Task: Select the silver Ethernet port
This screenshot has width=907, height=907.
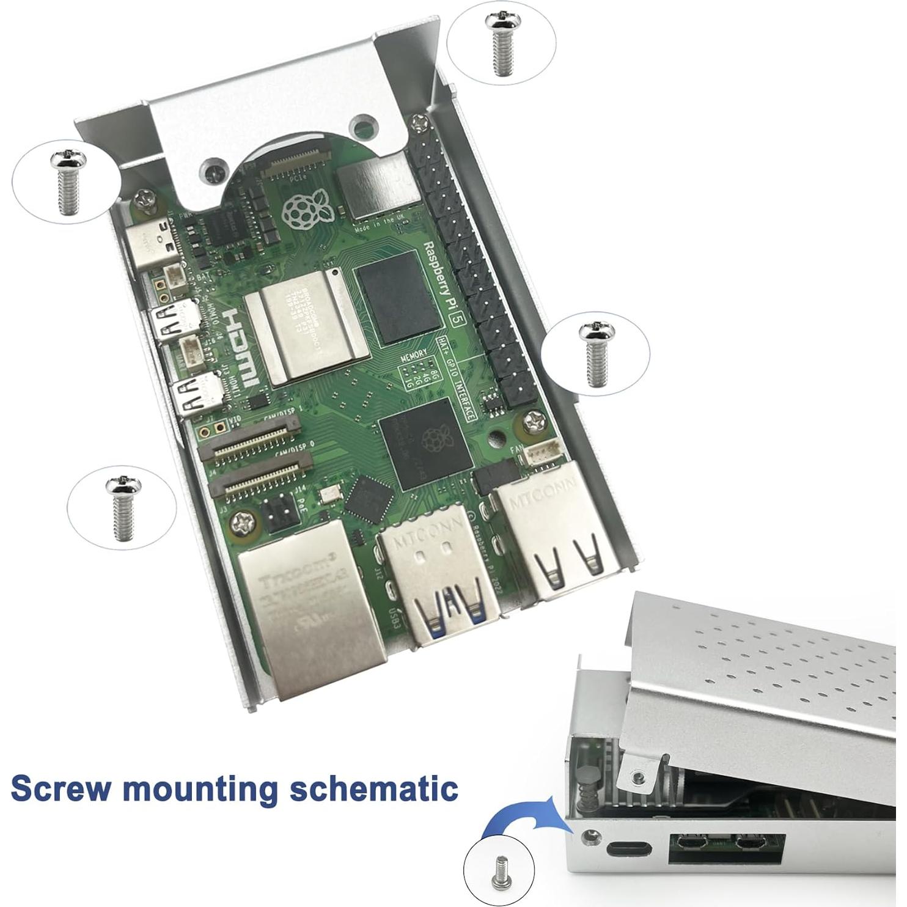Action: point(312,617)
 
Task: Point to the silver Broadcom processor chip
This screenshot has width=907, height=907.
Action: point(306,330)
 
